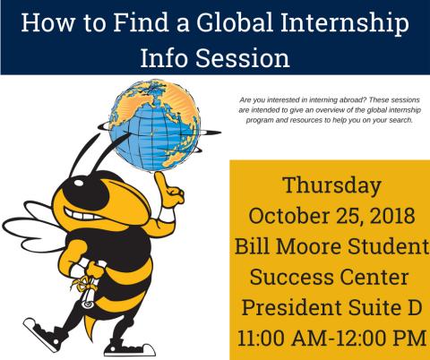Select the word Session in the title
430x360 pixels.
(243, 57)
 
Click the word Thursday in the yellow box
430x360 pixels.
(332, 186)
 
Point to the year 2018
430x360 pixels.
(392, 215)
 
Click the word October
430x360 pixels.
(289, 215)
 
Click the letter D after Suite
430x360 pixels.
(415, 308)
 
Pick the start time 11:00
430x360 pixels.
(262, 339)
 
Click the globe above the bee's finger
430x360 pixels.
(154, 125)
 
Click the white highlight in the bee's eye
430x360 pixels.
(80, 182)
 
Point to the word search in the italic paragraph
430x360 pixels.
(401, 120)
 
